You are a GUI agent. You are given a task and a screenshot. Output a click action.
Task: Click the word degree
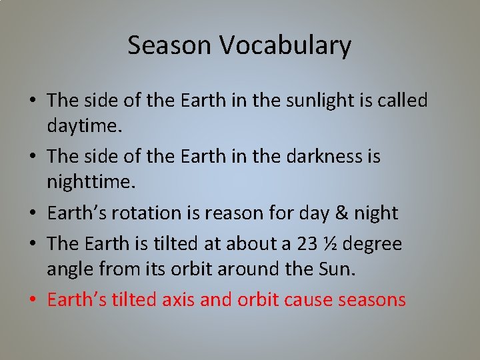tap(375, 243)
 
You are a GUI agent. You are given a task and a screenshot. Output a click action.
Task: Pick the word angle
tap(67, 269)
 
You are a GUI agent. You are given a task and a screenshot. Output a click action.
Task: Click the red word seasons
tap(371, 300)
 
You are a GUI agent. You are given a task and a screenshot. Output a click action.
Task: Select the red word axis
tap(178, 300)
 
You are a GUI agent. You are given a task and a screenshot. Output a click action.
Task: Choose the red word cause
tap(308, 300)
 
